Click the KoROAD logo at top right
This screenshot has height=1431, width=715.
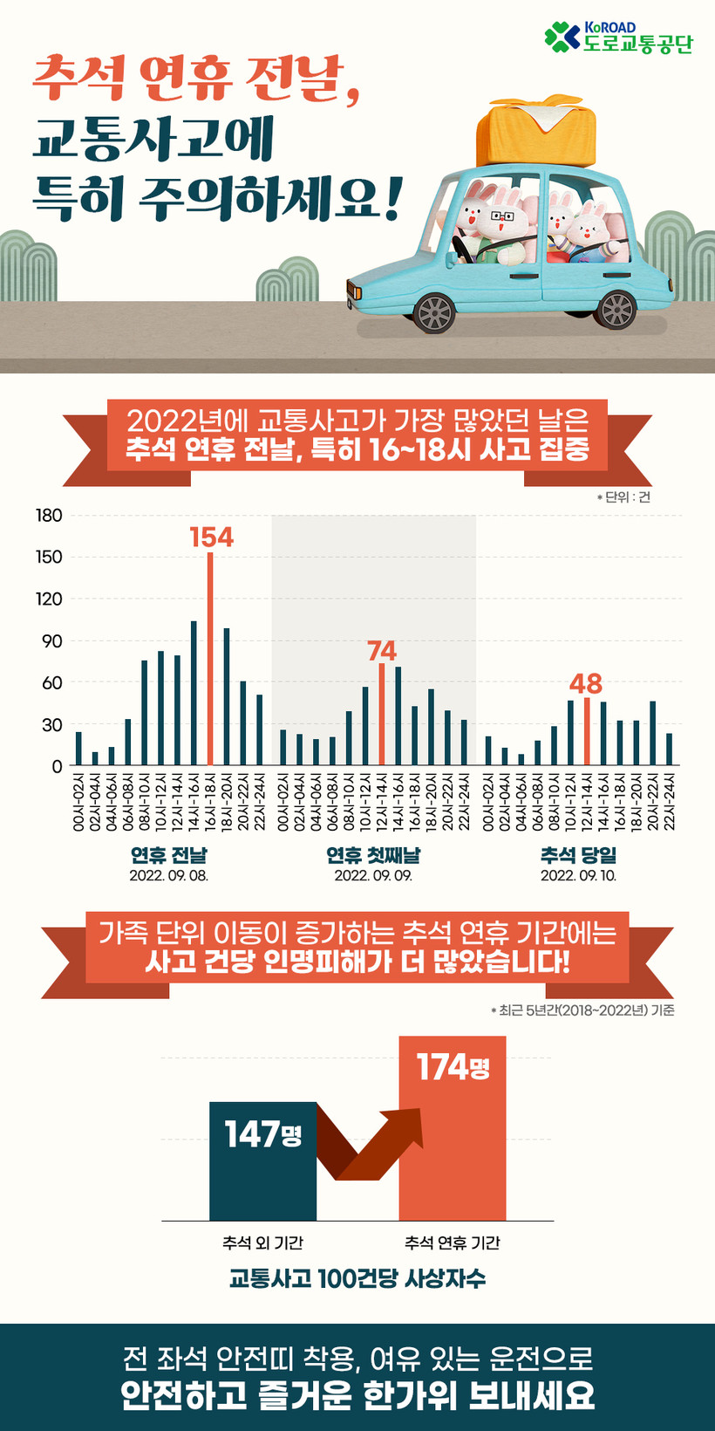(617, 38)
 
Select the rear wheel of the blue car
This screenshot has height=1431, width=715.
(616, 309)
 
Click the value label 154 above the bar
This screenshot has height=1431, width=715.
(212, 537)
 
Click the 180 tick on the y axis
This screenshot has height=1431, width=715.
(49, 516)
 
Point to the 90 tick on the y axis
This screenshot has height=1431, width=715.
(52, 641)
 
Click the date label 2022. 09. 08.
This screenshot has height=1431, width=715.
(169, 875)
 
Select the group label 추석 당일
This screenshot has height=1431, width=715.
(578, 855)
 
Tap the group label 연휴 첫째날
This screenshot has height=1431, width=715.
(373, 855)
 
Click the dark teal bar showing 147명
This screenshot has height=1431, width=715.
(262, 1161)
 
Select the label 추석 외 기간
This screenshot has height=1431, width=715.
(262, 1243)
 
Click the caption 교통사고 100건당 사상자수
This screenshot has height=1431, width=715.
(357, 1279)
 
